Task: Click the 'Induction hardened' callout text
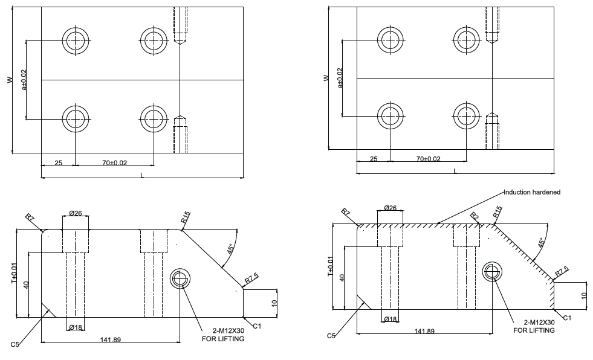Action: pos(533,192)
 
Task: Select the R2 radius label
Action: pos(475,216)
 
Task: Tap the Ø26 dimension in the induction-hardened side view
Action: pos(390,208)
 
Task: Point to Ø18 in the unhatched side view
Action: pos(76,327)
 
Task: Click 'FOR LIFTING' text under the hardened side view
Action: pos(534,330)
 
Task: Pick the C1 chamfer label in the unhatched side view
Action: pos(257,326)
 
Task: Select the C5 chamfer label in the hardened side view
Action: pos(331,335)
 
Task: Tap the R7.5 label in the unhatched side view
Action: pos(251,278)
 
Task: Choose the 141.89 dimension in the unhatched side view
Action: pos(109,339)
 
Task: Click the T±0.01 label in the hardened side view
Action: pos(330,266)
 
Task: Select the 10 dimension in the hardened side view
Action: pos(583,296)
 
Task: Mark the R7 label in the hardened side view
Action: pos(346,213)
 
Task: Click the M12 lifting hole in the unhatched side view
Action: pos(179,278)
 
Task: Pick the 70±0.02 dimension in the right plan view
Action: pos(428,159)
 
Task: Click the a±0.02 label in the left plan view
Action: pos(25,80)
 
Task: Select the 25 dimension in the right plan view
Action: pos(373,159)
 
